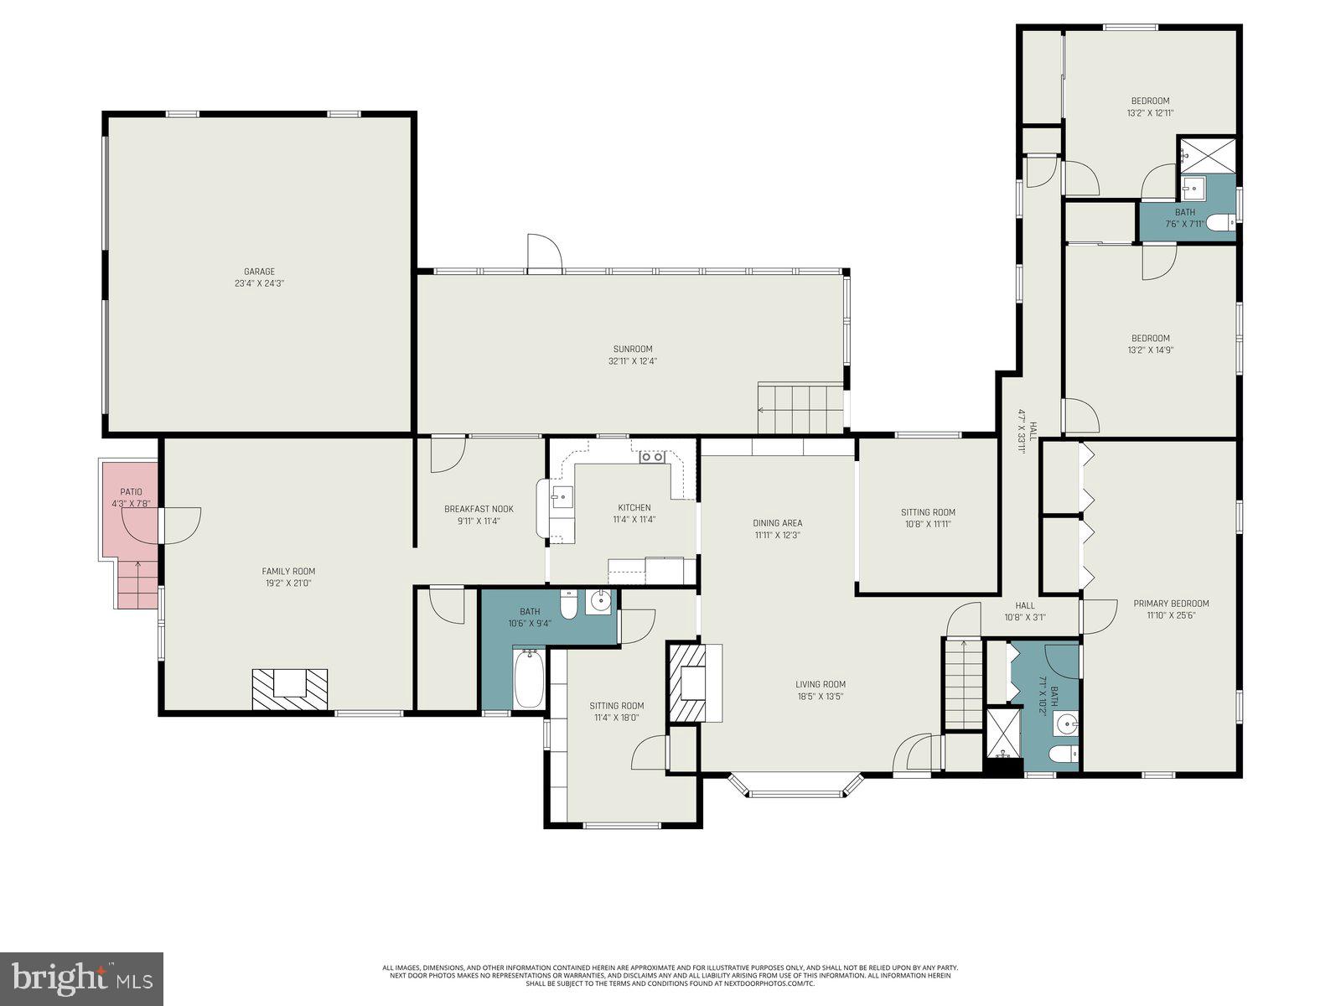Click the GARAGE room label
(259, 272)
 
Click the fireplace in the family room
(289, 689)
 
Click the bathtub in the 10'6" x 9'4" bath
(529, 679)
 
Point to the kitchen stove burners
(652, 457)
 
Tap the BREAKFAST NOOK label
(479, 509)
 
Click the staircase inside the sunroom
(800, 408)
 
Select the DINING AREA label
(777, 523)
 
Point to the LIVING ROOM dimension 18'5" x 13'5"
(821, 696)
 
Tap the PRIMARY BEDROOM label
(1171, 604)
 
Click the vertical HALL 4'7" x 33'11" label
(1027, 436)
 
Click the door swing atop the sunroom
(544, 252)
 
